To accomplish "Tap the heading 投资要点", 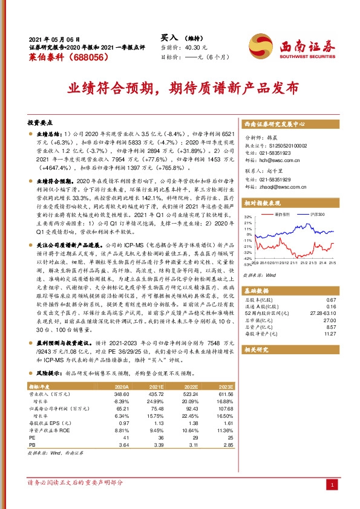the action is (x=41, y=121).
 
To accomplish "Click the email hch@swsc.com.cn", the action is (x=278, y=161).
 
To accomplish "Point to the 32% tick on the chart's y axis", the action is (x=248, y=216).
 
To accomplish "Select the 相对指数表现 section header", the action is (x=264, y=204).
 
